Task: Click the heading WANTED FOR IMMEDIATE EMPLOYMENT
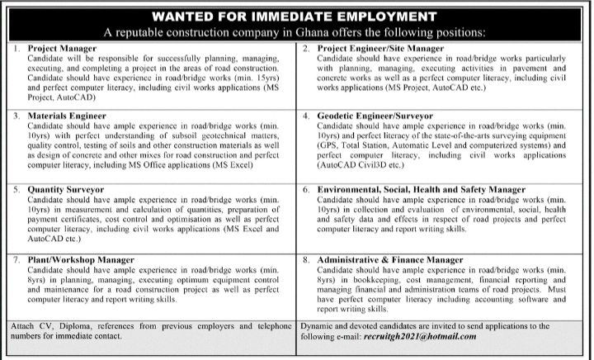point(297,16)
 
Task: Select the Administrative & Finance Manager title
point(392,260)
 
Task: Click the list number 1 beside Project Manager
point(17,50)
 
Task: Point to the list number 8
point(305,260)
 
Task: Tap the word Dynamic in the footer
point(319,325)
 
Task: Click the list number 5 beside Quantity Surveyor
point(17,189)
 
